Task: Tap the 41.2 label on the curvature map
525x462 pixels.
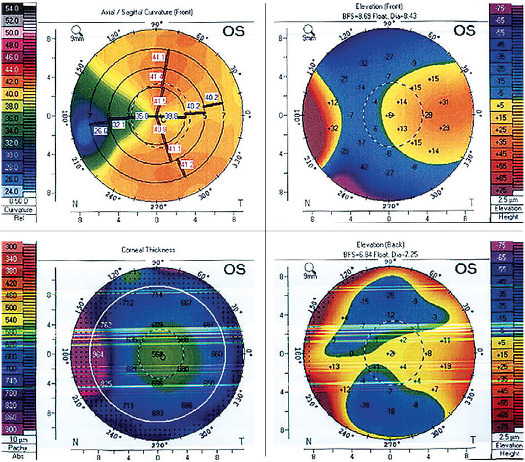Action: point(187,164)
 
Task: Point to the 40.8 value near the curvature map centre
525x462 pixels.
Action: point(160,130)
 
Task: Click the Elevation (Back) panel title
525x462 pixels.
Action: point(388,244)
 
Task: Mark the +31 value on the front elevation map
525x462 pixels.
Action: point(444,102)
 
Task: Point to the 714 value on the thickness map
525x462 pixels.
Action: point(158,294)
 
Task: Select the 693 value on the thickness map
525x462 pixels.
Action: point(158,412)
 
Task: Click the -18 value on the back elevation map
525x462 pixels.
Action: point(392,411)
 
